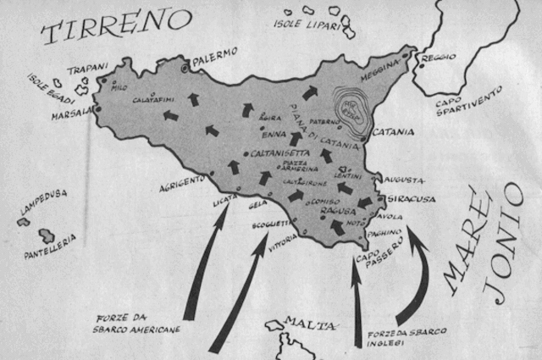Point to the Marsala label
(x=70, y=115)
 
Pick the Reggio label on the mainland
(x=440, y=58)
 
